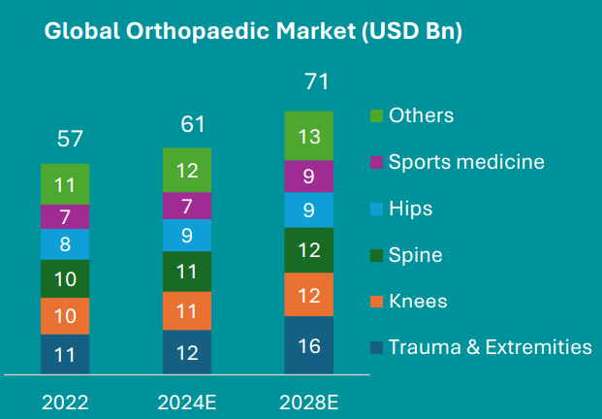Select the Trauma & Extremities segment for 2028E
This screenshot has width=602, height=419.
click(308, 345)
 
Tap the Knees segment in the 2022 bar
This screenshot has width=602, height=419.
click(65, 316)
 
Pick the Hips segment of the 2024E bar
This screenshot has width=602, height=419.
click(187, 235)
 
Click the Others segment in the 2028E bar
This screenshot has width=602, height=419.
click(308, 136)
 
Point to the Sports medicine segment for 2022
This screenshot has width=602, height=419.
click(65, 216)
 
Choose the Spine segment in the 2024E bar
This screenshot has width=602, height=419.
click(187, 272)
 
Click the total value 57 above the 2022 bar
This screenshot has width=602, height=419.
click(69, 138)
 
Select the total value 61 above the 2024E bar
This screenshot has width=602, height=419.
click(192, 123)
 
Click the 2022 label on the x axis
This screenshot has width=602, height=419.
click(65, 400)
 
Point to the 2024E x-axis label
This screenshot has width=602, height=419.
click(187, 400)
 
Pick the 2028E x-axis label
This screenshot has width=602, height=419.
click(308, 400)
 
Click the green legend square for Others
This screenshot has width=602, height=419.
click(377, 116)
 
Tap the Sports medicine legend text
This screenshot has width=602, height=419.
click(465, 162)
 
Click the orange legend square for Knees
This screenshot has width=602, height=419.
click(377, 302)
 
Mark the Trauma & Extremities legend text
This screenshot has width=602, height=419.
click(490, 347)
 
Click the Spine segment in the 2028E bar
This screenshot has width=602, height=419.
click(308, 250)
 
